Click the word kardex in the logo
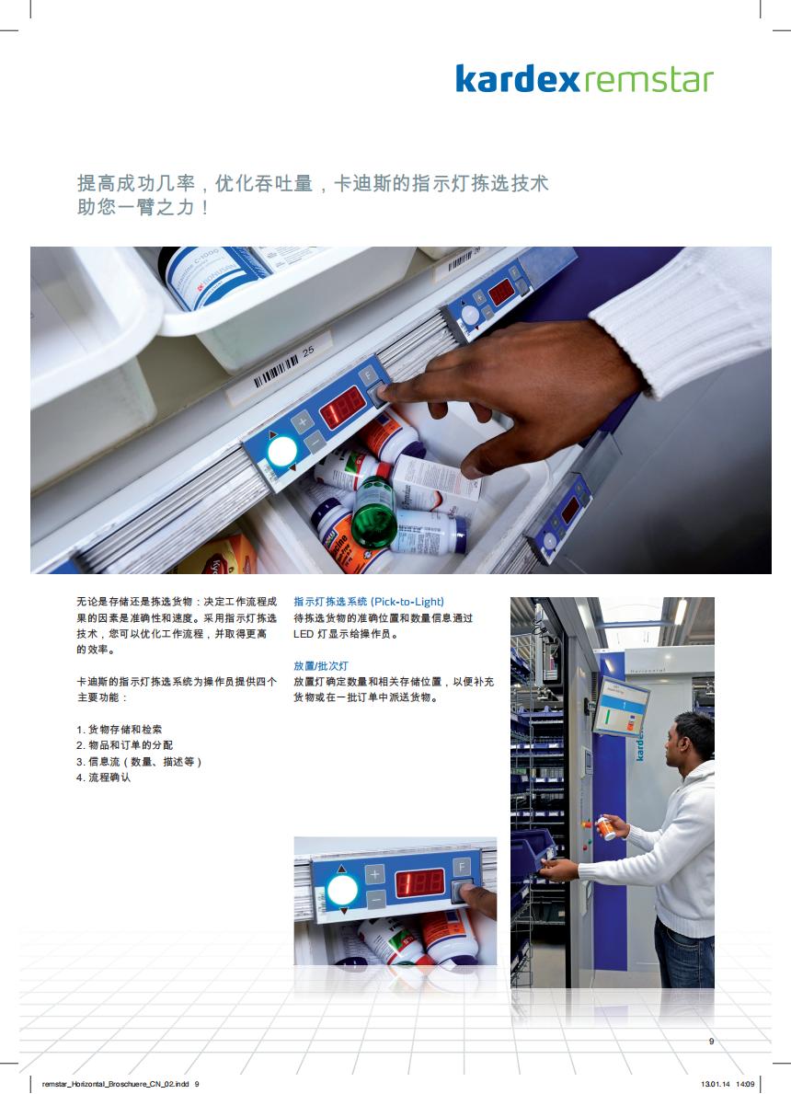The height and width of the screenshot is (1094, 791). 517,79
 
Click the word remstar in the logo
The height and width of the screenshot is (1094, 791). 648,80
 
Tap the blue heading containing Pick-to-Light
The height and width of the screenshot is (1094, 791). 368,602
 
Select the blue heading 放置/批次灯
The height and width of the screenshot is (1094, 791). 321,665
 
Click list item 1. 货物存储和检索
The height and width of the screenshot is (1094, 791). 120,729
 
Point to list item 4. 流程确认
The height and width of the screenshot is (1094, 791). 103,777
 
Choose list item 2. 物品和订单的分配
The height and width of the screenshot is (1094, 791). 125,745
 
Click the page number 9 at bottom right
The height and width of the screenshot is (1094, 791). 712,1041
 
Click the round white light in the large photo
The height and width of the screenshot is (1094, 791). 282,452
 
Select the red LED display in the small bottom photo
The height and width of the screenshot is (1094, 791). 420,884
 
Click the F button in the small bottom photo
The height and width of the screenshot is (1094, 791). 461,867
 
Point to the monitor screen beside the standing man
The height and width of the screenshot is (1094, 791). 620,706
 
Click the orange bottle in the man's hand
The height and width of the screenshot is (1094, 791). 605,828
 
